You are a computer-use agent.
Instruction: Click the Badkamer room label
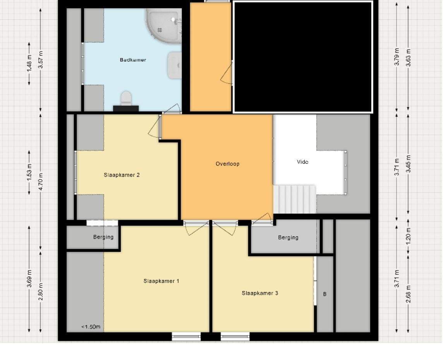[x=133, y=60]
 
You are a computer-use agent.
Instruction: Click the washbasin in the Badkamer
[x=175, y=65]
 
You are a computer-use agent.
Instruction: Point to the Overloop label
[x=228, y=164]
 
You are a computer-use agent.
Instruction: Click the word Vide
[x=302, y=162]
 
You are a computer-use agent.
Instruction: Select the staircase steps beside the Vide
[x=295, y=199]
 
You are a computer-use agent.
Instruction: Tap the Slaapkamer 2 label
[x=122, y=175]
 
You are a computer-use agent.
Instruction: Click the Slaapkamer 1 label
[x=161, y=281]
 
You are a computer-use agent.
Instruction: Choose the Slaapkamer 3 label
[x=260, y=293]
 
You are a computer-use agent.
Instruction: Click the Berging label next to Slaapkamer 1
[x=103, y=237]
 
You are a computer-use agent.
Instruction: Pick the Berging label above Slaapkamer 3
[x=288, y=238]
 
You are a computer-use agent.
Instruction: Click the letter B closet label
[x=325, y=294]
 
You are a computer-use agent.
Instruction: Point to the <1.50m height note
[x=91, y=327]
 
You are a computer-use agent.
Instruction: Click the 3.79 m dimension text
[x=397, y=57]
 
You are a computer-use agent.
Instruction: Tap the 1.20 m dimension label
[x=408, y=236]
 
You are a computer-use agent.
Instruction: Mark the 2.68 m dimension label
[x=408, y=294]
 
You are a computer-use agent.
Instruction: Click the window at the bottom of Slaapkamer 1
[x=186, y=337]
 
